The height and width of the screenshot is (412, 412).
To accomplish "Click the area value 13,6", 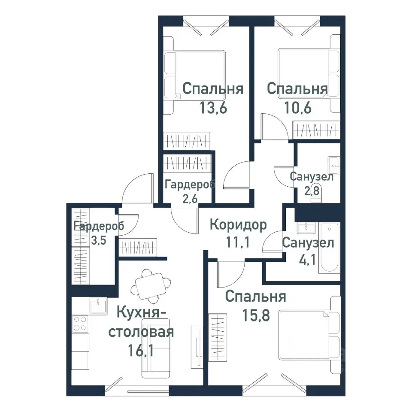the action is [213, 107].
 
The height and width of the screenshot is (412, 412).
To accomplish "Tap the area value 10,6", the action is [298, 107].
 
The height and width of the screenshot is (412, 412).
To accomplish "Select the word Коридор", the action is [238, 225].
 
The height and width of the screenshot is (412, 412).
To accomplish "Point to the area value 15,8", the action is [256, 315].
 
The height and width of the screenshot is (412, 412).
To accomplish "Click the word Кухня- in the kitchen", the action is [141, 312].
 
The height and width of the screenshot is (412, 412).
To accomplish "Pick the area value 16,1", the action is [141, 350].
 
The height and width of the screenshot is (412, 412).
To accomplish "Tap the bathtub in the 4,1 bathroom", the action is [329, 248].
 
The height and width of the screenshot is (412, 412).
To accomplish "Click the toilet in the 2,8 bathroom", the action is [316, 195].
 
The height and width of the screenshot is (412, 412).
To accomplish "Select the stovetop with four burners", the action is [80, 324].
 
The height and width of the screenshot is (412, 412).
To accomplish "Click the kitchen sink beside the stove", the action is [98, 306].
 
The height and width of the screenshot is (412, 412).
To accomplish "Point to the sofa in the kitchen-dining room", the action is [156, 348].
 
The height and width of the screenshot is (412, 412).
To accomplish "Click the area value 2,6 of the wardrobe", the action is [190, 199].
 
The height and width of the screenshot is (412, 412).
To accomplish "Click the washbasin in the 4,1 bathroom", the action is [306, 228].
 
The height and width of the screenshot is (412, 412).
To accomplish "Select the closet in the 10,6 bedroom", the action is [316, 130].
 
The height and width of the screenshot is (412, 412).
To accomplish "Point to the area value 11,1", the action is [238, 242].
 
